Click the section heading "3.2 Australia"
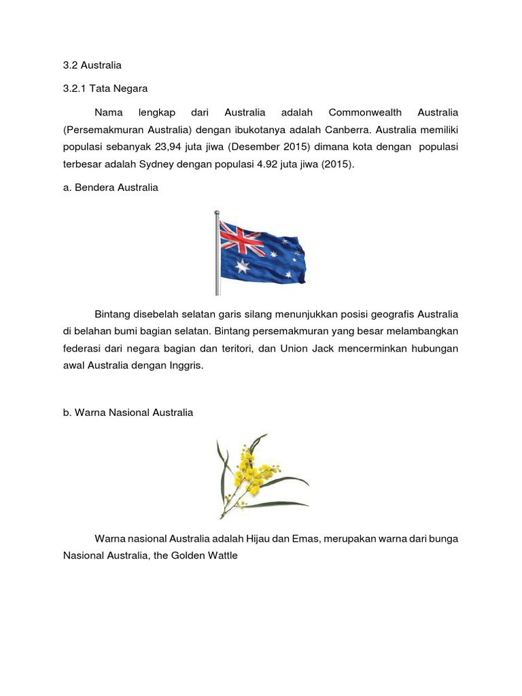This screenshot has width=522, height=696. pyautogui.click(x=92, y=66)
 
